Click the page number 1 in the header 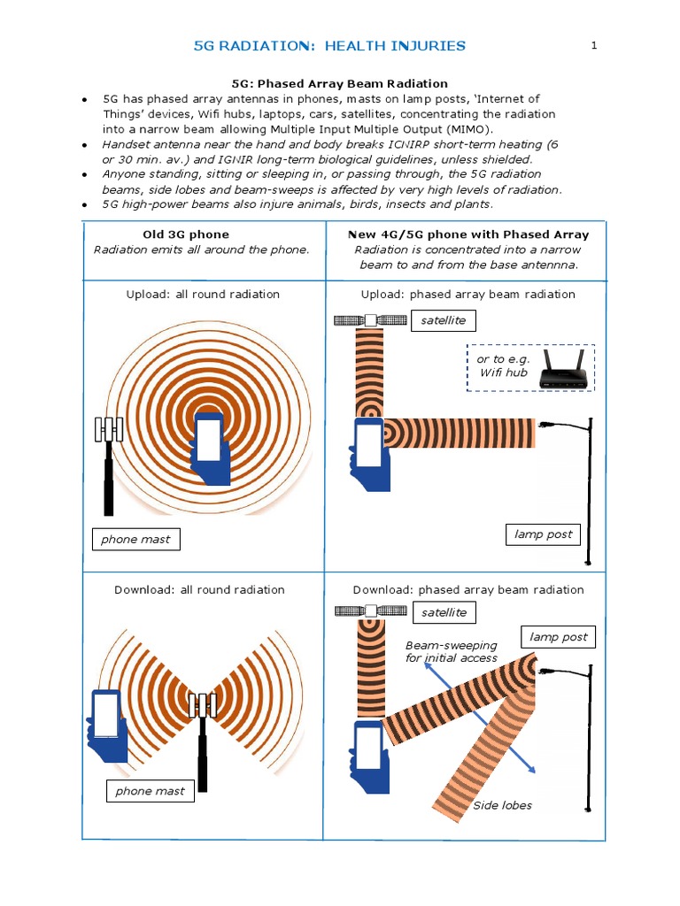pos(595,45)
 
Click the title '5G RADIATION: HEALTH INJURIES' pos(329,46)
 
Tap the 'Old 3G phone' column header pos(186,234)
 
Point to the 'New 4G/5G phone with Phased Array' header pos(467,234)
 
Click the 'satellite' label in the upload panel pos(444,319)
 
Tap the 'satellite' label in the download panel pos(444,612)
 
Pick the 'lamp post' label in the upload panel pos(543,534)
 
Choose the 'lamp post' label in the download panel pos(559,637)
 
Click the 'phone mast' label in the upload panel pos(135,539)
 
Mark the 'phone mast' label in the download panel pos(150,791)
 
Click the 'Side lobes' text pos(502,805)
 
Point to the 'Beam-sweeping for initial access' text pos(451,651)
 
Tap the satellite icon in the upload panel pos(368,321)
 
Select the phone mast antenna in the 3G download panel pos(204,705)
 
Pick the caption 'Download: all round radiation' pos(199,589)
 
